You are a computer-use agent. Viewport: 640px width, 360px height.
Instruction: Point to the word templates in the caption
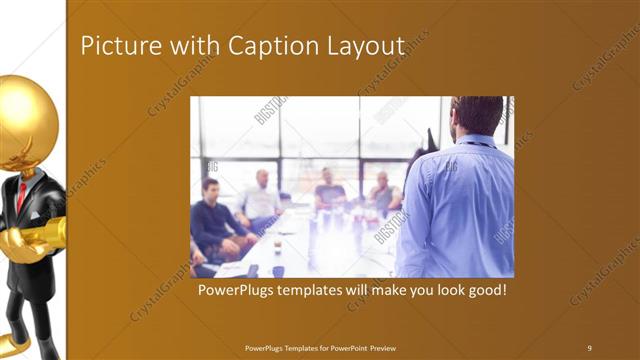(322, 291)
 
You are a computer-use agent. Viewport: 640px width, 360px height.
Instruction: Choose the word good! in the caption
(483, 291)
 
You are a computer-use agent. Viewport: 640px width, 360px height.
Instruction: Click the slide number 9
(589, 347)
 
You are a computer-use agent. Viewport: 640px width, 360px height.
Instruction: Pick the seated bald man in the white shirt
(261, 199)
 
